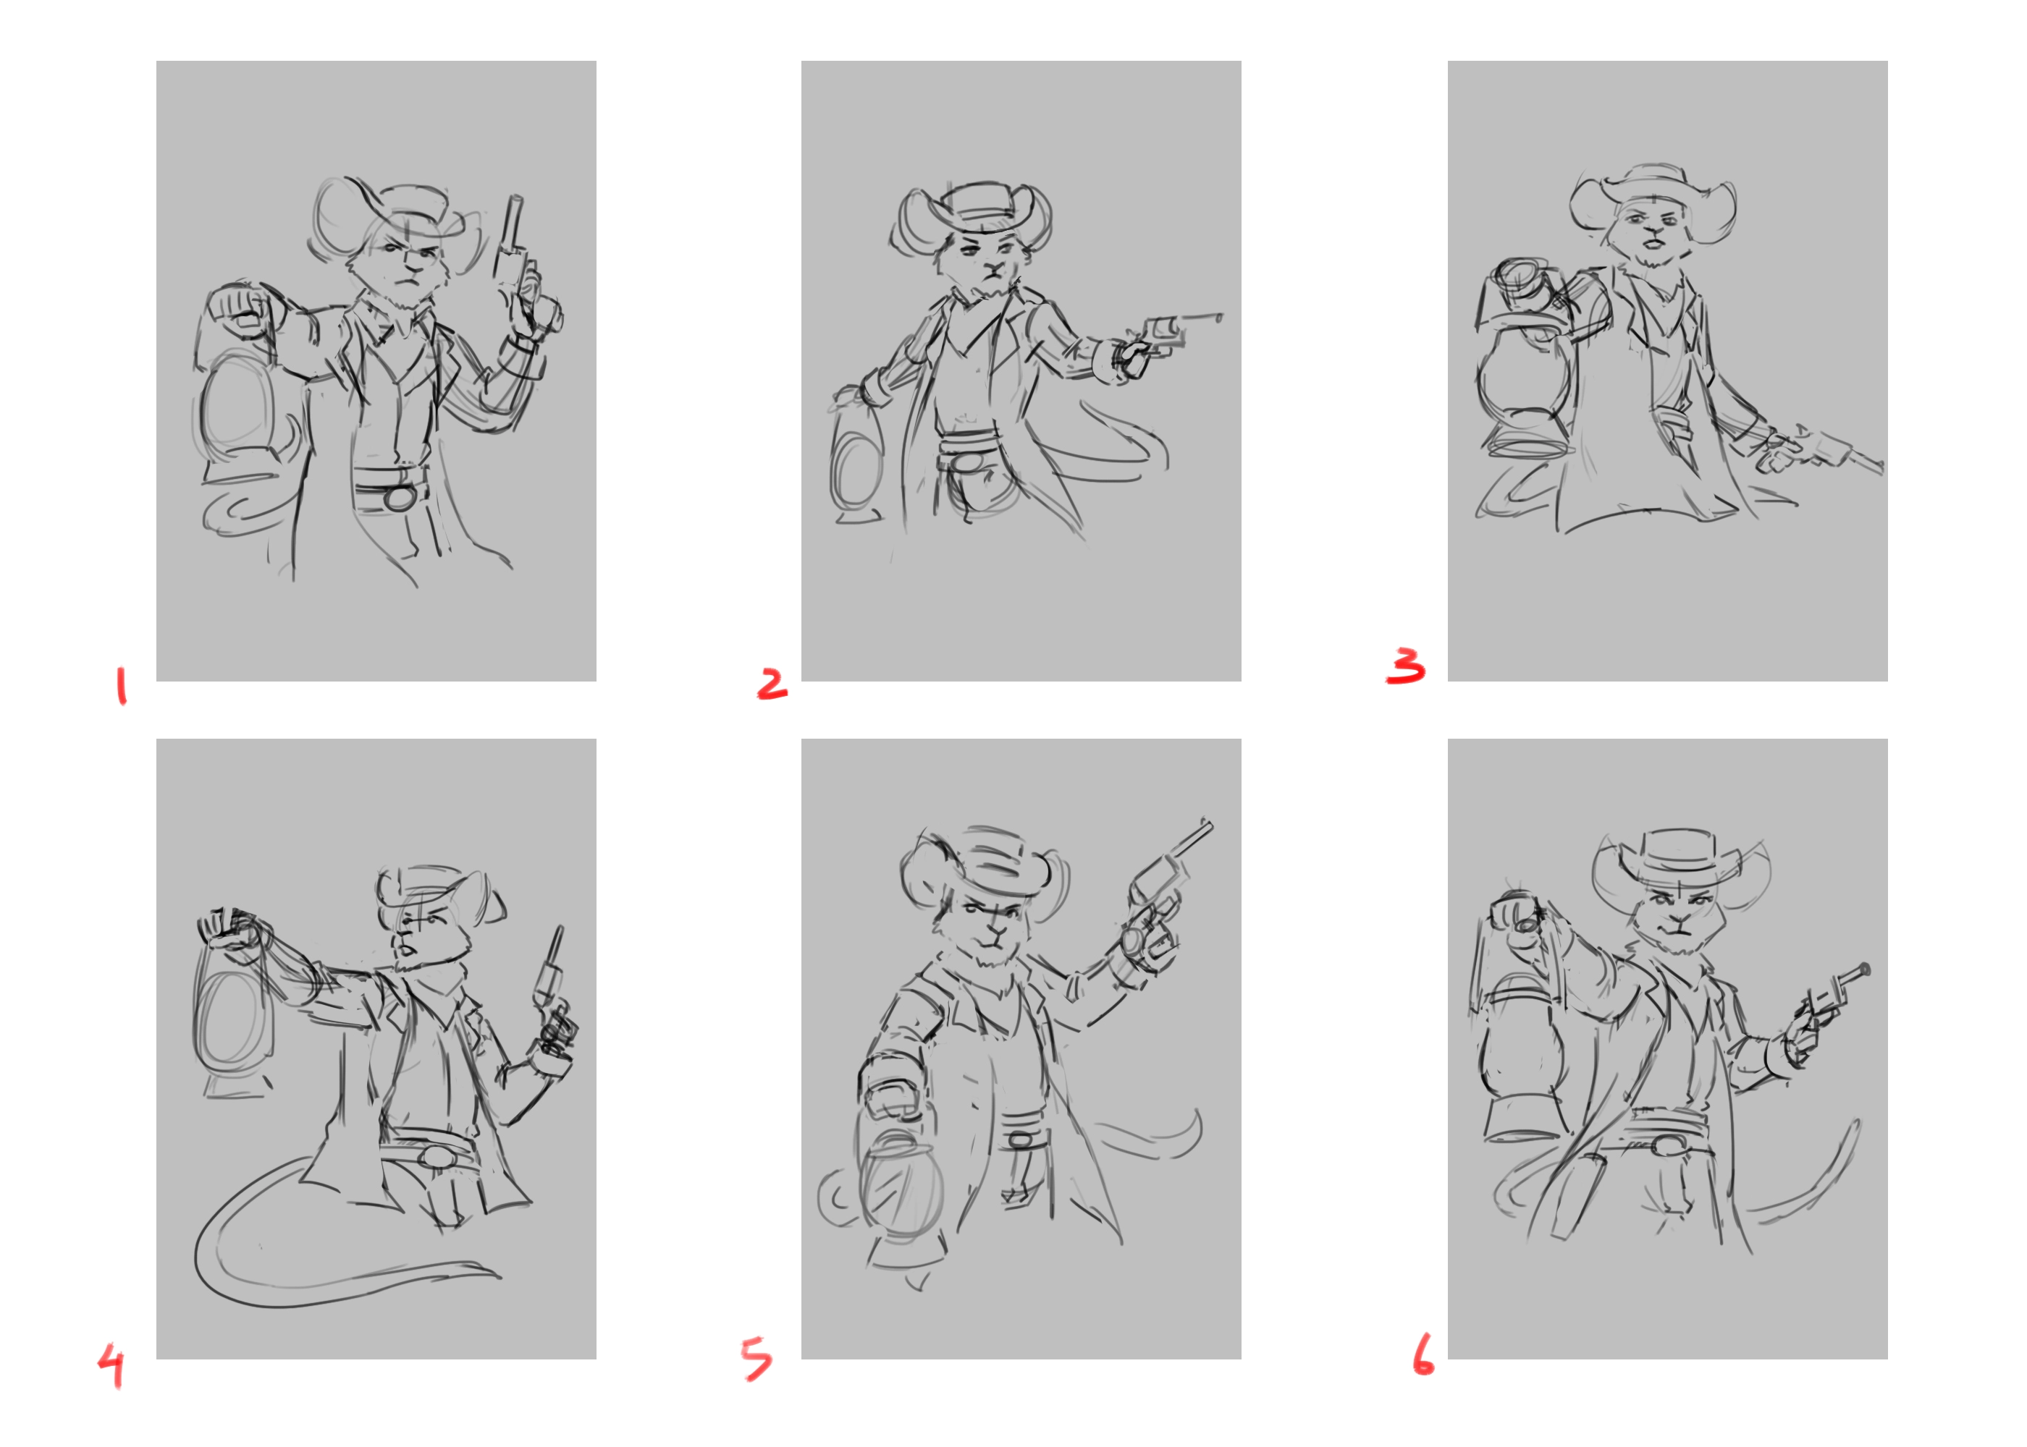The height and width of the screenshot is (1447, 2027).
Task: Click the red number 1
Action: pos(121,685)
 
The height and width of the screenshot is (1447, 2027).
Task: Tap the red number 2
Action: pos(772,684)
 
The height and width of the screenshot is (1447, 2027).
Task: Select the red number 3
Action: pos(1406,666)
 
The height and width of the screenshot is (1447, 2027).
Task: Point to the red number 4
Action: pos(111,1365)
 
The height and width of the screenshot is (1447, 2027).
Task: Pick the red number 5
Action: pos(757,1359)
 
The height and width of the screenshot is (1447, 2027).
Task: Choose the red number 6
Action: pos(1423,1354)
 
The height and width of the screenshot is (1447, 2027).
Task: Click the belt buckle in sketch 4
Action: pos(437,1158)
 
